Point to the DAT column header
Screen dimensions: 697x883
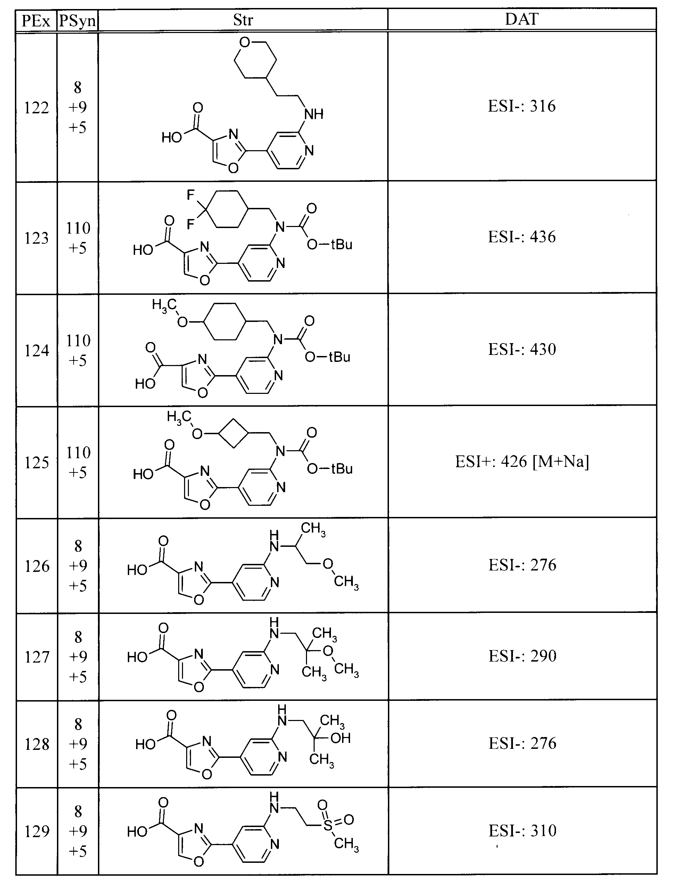522,19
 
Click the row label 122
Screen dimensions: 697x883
36,108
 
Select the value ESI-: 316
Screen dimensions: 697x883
522,106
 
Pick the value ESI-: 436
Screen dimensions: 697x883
522,237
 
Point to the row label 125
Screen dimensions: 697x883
36,463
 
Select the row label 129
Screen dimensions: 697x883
37,832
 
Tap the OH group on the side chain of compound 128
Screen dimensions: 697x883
340,738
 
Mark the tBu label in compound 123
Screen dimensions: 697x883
342,245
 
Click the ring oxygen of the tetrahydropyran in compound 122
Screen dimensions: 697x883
244,42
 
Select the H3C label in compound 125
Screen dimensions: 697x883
179,418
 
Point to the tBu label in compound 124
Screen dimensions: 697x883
340,357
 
